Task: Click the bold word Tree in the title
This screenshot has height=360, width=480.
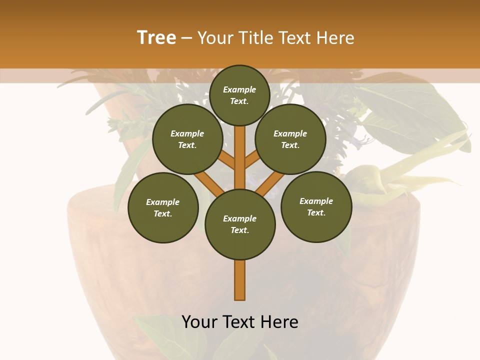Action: (156, 37)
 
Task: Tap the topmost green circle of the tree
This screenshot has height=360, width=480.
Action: (239, 95)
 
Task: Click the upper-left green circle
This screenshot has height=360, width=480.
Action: (187, 139)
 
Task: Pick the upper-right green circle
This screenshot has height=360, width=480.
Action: (290, 139)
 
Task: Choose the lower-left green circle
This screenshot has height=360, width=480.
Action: (163, 207)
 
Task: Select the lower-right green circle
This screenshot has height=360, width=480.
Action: (316, 206)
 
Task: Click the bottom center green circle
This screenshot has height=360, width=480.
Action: (240, 224)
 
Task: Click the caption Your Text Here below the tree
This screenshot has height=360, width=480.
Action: (240, 322)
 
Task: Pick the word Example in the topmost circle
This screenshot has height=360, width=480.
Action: (239, 89)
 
